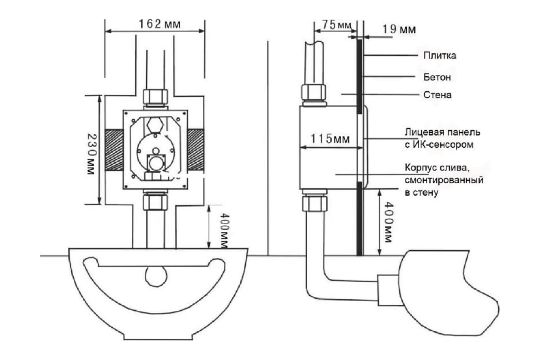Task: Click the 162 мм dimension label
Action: pyautogui.click(x=160, y=24)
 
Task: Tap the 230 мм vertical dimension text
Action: pyautogui.click(x=91, y=154)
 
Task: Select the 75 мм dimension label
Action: pyautogui.click(x=337, y=25)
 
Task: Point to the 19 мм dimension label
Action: pyautogui.click(x=399, y=29)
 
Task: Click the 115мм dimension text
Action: pyautogui.click(x=330, y=139)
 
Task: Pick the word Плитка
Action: pyautogui.click(x=440, y=55)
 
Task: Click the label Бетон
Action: pyautogui.click(x=437, y=77)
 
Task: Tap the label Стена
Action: pyautogui.click(x=437, y=95)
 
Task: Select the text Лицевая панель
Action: pyautogui.click(x=442, y=132)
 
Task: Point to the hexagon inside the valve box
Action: pyautogui.click(x=155, y=125)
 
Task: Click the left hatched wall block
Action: pyautogui.click(x=114, y=150)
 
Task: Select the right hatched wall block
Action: pyautogui.click(x=195, y=150)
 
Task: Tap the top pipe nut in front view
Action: pyautogui.click(x=156, y=97)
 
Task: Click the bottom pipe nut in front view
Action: pyautogui.click(x=155, y=202)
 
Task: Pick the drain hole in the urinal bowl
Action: pyautogui.click(x=156, y=276)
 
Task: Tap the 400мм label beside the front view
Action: pyautogui.click(x=224, y=230)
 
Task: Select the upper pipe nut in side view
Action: pyautogui.click(x=313, y=92)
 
